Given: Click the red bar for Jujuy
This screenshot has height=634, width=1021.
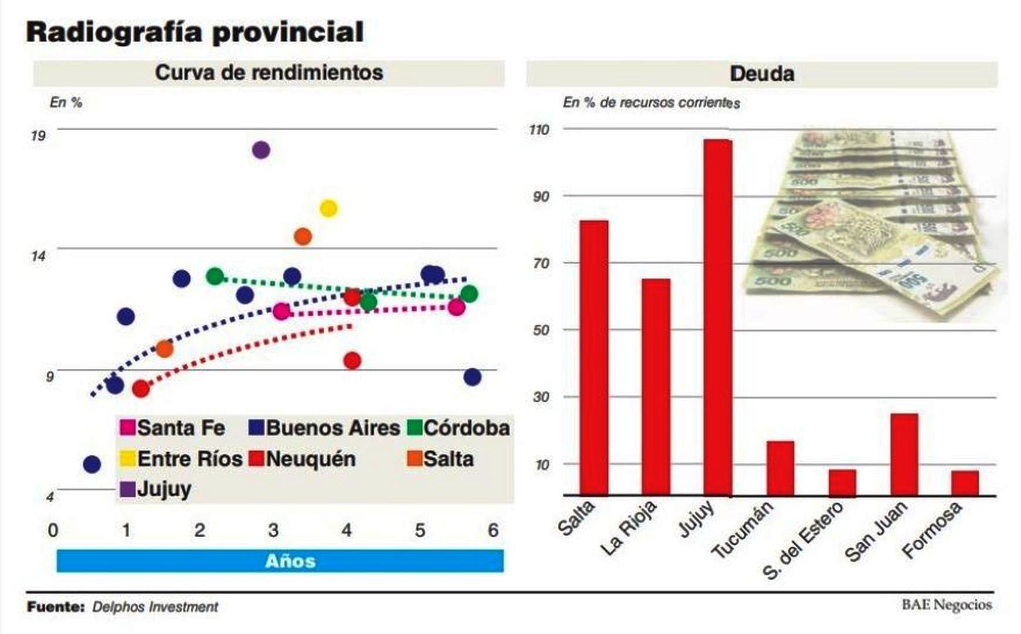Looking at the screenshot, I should [717, 317].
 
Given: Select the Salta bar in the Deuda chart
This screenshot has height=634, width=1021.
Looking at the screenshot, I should [593, 358].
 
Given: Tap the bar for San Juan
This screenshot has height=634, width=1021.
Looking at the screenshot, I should [904, 455].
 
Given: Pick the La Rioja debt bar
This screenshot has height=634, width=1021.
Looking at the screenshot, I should [656, 387].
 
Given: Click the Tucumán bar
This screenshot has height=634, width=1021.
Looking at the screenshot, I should [780, 468].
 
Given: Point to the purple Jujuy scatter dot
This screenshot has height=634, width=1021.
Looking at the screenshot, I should [261, 150].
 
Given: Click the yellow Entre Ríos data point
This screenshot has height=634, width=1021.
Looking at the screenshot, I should [328, 208].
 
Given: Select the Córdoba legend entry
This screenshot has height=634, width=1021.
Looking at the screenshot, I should [459, 428].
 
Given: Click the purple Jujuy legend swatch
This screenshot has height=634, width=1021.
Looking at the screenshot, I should [127, 489].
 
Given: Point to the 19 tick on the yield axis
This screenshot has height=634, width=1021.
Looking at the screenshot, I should [38, 136].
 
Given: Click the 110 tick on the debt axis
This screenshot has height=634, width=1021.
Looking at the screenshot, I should [539, 130].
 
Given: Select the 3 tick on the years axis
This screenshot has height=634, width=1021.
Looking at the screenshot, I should [273, 531].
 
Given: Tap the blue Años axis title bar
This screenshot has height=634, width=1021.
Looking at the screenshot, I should [280, 561].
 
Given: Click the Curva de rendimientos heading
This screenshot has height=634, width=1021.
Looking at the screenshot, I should [269, 73].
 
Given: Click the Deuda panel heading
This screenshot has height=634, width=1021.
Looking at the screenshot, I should [761, 74].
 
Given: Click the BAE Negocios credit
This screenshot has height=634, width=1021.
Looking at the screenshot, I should [947, 605].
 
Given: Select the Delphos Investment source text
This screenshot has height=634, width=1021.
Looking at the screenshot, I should [155, 607].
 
